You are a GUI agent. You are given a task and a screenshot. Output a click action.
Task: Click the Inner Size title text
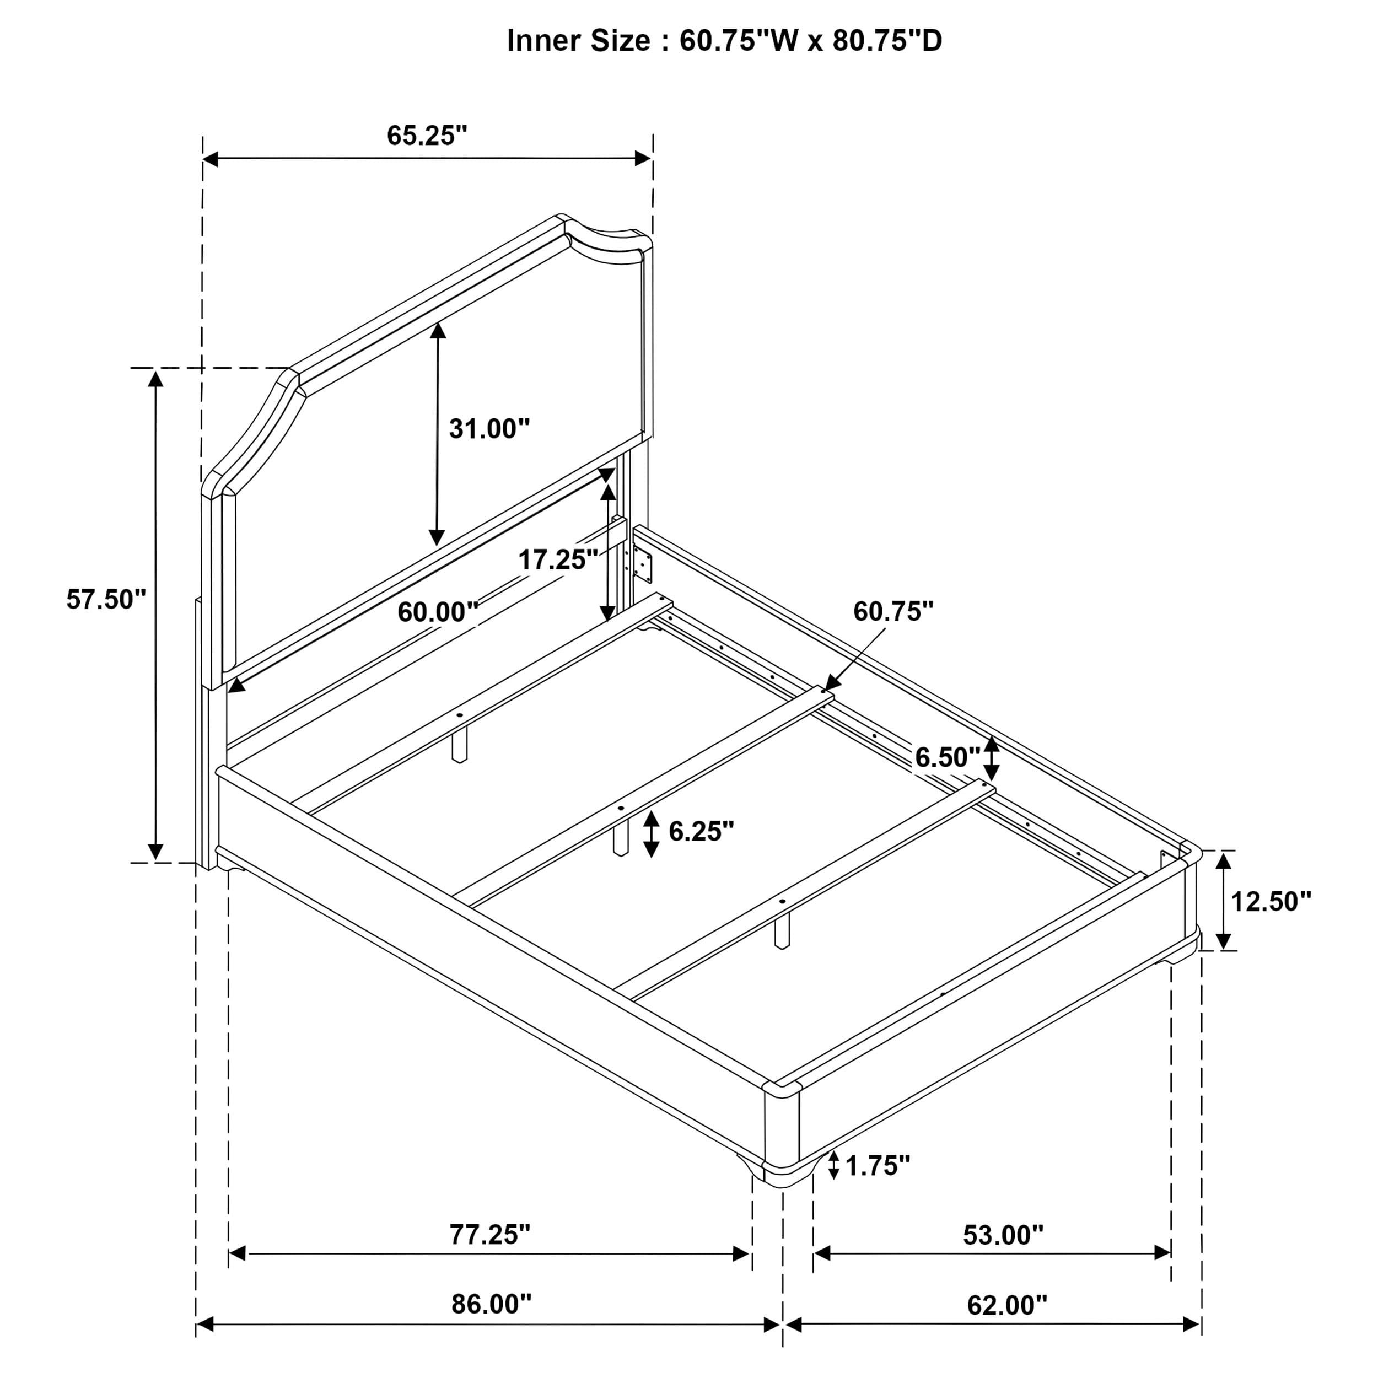[724, 41]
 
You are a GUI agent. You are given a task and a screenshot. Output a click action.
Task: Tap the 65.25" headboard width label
[427, 135]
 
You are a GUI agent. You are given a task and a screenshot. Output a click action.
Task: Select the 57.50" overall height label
[106, 599]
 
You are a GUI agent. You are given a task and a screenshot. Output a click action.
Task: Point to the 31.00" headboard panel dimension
[489, 429]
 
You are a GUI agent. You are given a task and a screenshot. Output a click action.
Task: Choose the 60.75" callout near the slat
[893, 611]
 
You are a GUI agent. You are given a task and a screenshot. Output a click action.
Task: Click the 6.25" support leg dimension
[701, 831]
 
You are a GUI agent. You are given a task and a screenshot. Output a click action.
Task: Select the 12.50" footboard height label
[1271, 902]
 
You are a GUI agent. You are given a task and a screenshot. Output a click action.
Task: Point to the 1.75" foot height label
[878, 1166]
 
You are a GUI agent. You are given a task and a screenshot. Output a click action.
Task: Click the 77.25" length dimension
[489, 1235]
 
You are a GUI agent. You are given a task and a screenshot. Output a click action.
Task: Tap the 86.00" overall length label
[492, 1305]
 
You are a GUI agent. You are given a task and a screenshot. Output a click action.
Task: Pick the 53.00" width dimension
[1003, 1235]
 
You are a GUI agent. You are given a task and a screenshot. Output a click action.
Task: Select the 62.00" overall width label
[1007, 1305]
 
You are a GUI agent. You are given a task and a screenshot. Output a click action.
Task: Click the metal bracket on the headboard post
[643, 566]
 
